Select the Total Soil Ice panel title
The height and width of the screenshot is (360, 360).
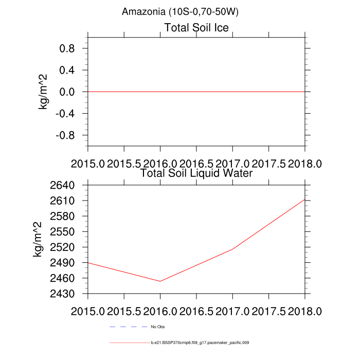(196, 27)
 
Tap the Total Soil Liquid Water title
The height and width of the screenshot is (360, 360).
(196, 173)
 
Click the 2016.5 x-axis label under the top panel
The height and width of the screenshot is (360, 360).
(196, 163)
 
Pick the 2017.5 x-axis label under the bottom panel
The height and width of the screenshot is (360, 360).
(268, 312)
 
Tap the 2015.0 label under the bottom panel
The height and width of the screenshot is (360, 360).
(88, 312)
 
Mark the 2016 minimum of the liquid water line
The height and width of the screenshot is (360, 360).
(160, 281)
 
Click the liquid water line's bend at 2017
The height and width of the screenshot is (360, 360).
(232, 249)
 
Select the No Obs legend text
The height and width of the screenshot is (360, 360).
(157, 327)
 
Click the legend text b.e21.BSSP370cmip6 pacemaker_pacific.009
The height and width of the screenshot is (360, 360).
(200, 342)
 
